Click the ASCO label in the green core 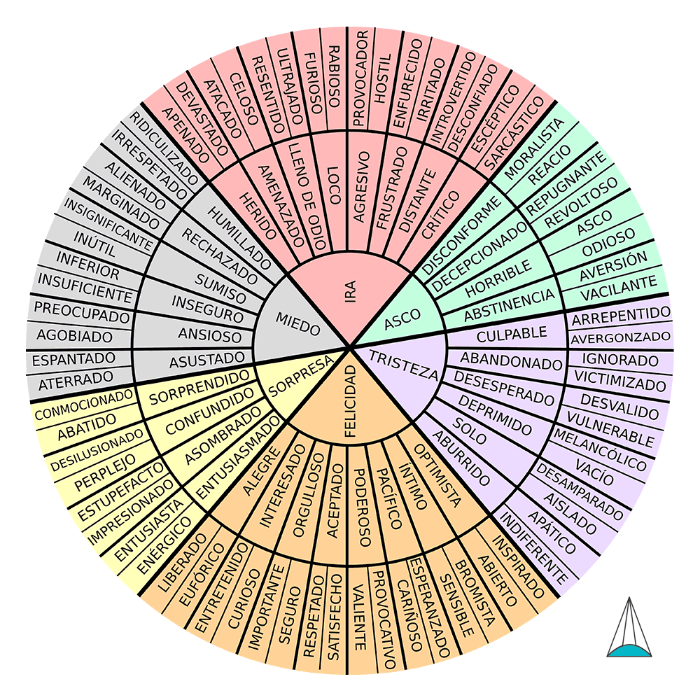point(402,316)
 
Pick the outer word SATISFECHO point(334,616)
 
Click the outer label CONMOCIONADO point(83,405)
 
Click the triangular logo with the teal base point(629,630)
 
